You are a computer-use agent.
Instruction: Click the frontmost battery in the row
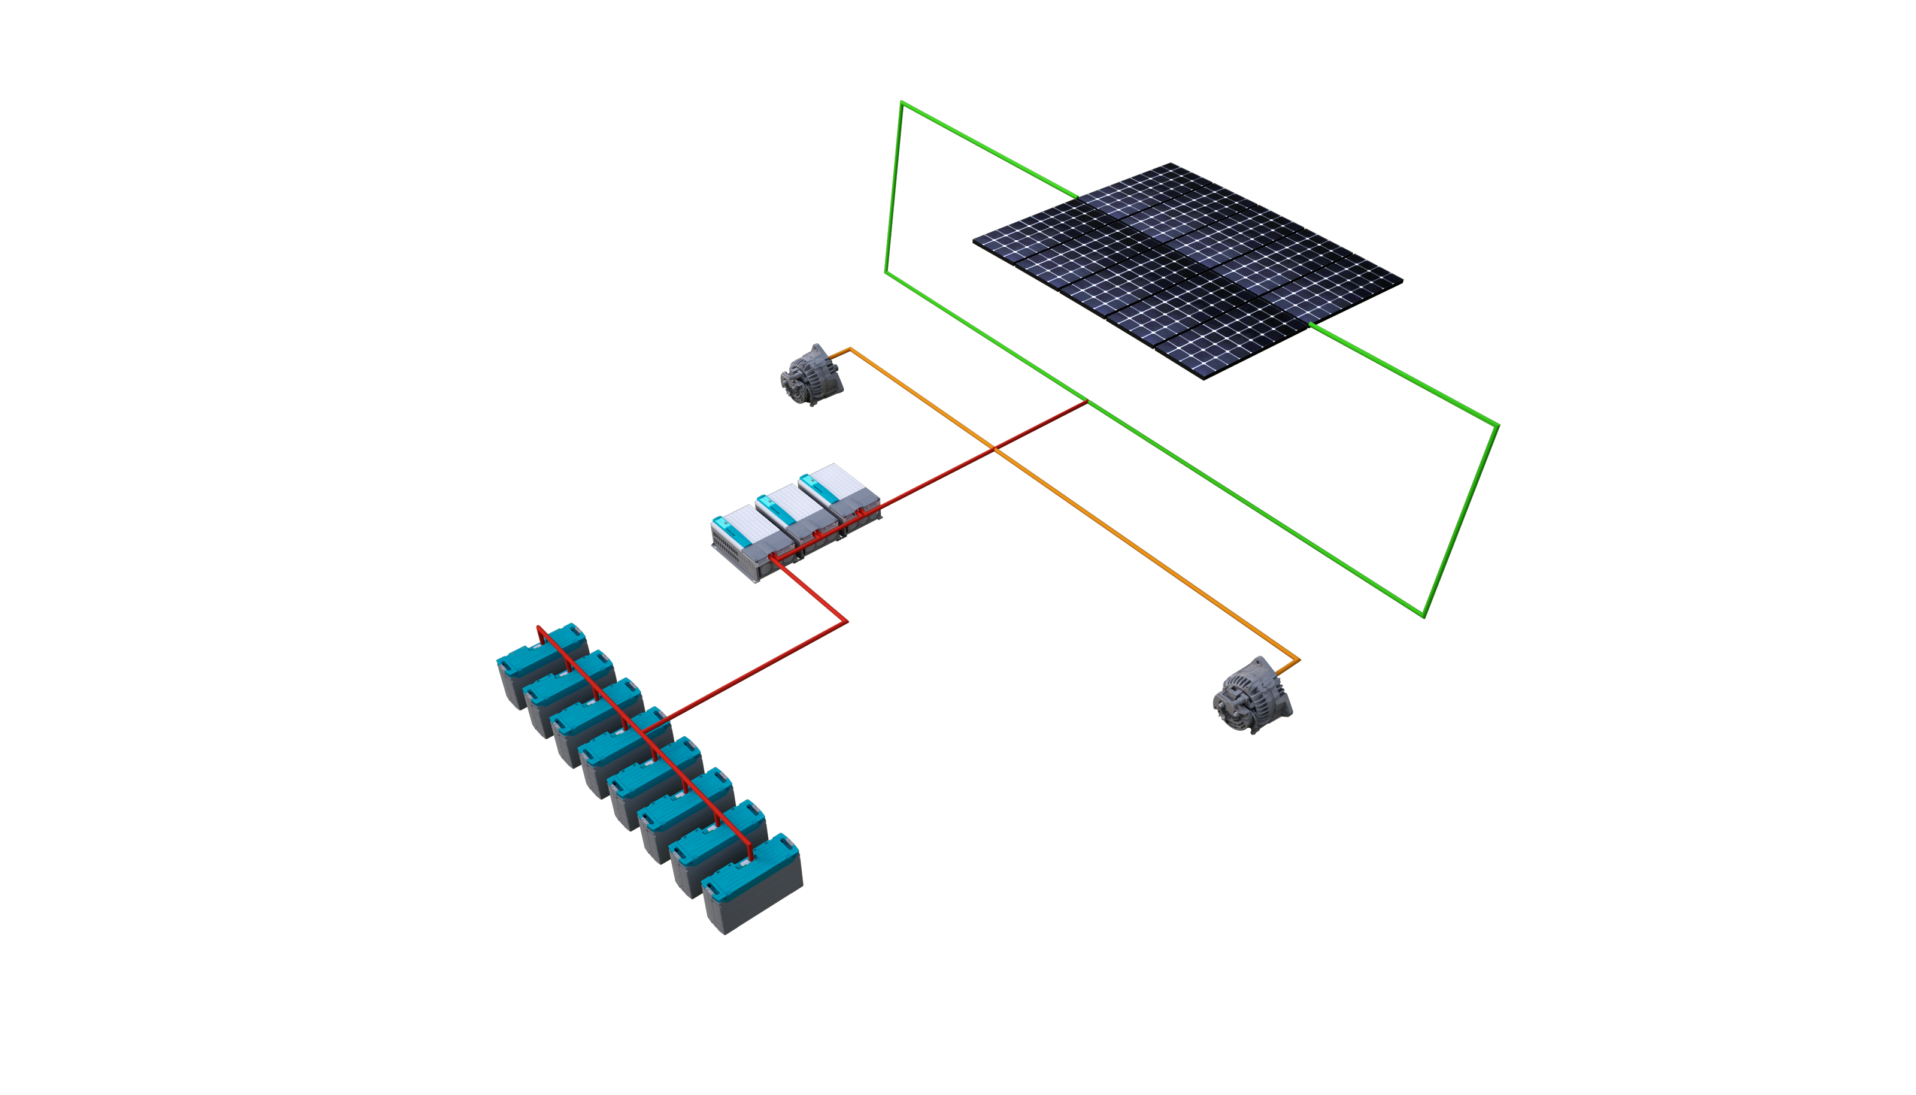click(751, 895)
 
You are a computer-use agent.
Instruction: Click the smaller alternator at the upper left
click(810, 374)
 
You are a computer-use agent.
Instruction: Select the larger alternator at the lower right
click(1251, 695)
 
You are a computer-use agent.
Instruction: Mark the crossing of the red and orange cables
click(995, 449)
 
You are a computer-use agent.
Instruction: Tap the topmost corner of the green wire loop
click(901, 102)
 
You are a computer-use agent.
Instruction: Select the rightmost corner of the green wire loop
click(1498, 425)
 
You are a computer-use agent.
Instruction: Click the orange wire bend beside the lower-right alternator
click(1298, 662)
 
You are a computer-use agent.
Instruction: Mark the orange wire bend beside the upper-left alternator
click(850, 349)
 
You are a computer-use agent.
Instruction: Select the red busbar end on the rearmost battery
click(539, 628)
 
